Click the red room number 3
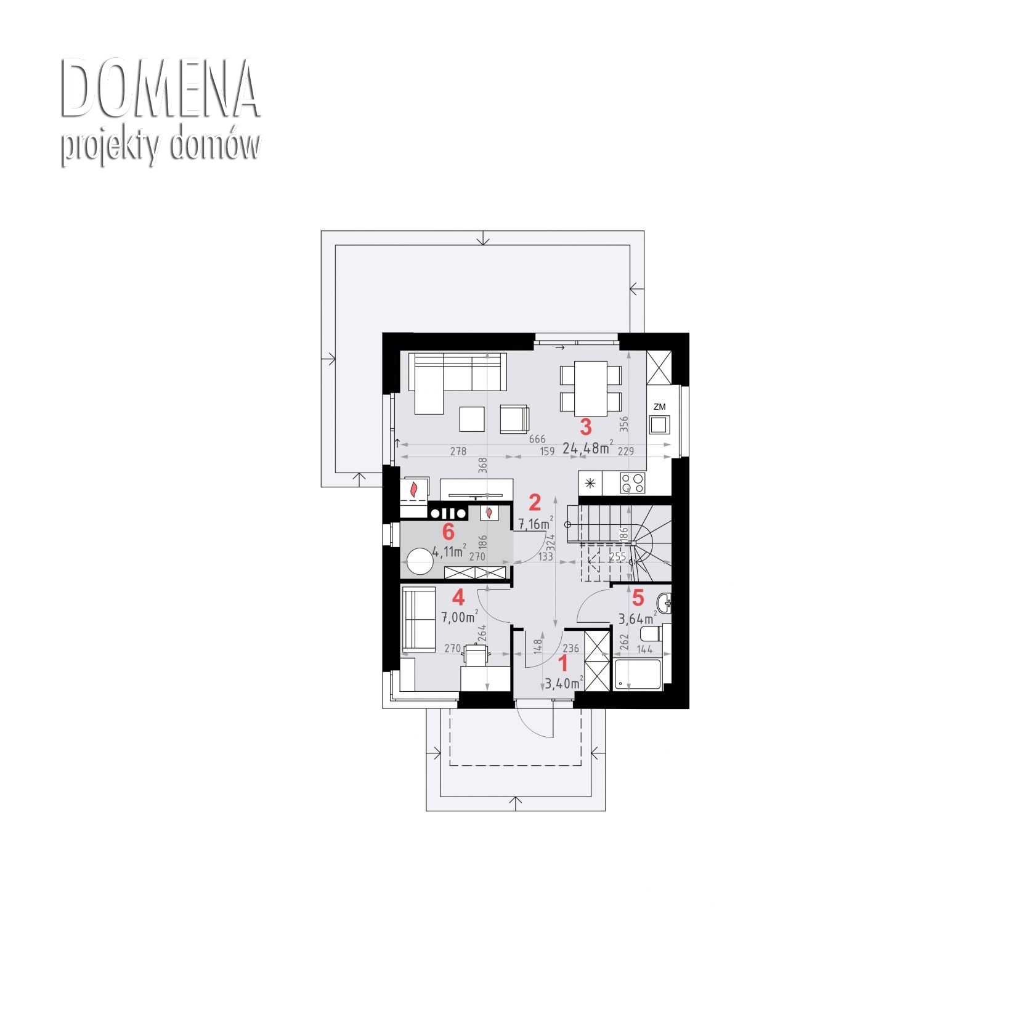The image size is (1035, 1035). point(585,426)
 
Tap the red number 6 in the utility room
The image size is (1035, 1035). point(448,531)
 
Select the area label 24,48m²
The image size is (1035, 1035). point(588,448)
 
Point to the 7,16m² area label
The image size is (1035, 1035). point(535,524)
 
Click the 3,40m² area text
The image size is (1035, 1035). point(564,683)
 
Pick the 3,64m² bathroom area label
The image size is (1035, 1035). point(638,618)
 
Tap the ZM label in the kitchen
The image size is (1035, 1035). point(660,407)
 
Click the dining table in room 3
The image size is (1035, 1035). point(591,388)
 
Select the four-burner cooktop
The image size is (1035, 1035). point(633,482)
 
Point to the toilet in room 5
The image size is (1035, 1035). point(651,633)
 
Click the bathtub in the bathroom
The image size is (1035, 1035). point(638,675)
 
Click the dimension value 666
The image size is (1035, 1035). point(537,439)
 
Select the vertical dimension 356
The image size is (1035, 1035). point(624,424)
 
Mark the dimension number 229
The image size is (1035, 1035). point(626,451)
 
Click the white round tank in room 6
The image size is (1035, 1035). point(420,562)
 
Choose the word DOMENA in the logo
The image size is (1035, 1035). point(160,88)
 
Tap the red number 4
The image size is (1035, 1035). point(458,597)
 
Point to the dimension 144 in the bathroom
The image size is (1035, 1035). point(644,649)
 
